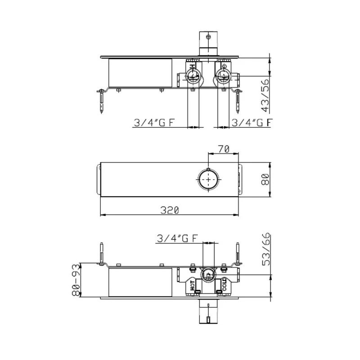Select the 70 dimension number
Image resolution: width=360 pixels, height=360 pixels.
[224, 149]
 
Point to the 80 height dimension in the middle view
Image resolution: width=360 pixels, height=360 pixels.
[265, 179]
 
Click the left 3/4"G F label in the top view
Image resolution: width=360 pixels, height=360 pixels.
[153, 122]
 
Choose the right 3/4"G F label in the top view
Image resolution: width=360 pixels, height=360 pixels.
[251, 122]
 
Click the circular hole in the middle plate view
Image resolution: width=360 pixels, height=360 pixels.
[209, 179]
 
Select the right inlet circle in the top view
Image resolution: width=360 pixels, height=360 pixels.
[223, 76]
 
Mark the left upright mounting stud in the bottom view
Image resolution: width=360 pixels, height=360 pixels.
[103, 255]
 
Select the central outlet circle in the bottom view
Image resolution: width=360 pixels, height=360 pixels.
[208, 274]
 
